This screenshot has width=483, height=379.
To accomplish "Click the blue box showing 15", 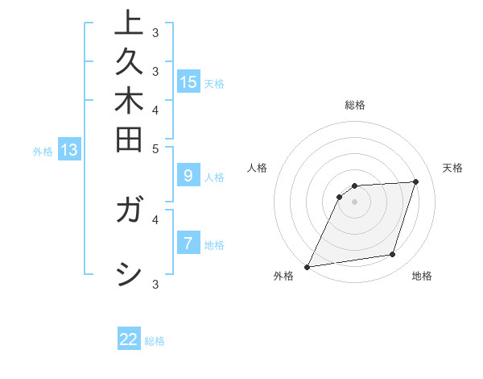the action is (x=188, y=81).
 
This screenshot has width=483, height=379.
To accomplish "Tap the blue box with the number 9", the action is (x=188, y=176).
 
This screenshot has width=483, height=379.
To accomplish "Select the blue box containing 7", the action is (x=188, y=243).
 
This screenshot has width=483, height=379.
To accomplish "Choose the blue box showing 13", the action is (x=69, y=149).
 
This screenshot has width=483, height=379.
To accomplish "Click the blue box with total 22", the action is (x=129, y=339).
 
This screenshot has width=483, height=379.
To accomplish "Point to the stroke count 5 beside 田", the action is (x=155, y=148).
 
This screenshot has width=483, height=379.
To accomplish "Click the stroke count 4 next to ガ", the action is (x=155, y=218).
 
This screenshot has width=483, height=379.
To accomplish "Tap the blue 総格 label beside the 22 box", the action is (x=155, y=341).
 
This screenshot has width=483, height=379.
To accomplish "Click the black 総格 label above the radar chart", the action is (x=355, y=105).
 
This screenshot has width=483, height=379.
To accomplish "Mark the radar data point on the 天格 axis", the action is (x=415, y=181).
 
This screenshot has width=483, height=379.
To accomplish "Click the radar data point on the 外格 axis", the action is (x=308, y=266).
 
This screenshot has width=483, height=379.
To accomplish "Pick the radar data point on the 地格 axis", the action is (x=393, y=255).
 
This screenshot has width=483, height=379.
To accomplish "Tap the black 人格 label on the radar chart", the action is (x=258, y=168).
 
